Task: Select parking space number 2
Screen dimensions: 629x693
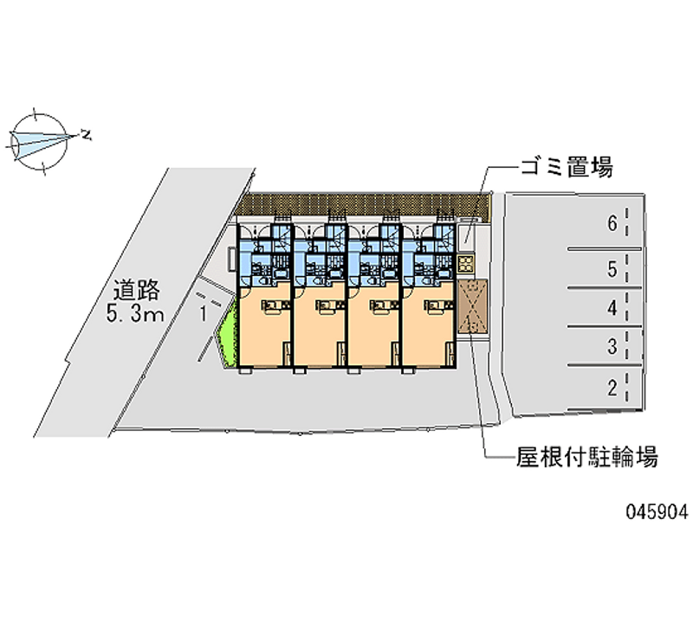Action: pyautogui.click(x=612, y=388)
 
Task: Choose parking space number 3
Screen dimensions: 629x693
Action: pyautogui.click(x=612, y=348)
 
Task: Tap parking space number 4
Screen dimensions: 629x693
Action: pyautogui.click(x=612, y=307)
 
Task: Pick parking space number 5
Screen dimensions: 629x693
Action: pyautogui.click(x=612, y=269)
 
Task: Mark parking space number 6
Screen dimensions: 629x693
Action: pyautogui.click(x=612, y=224)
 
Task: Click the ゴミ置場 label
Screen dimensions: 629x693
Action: pyautogui.click(x=567, y=167)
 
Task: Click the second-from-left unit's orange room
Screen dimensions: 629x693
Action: pyautogui.click(x=321, y=329)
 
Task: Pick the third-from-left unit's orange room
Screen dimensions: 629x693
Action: pyautogui.click(x=374, y=329)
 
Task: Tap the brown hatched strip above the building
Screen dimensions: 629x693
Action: pyautogui.click(x=364, y=206)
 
